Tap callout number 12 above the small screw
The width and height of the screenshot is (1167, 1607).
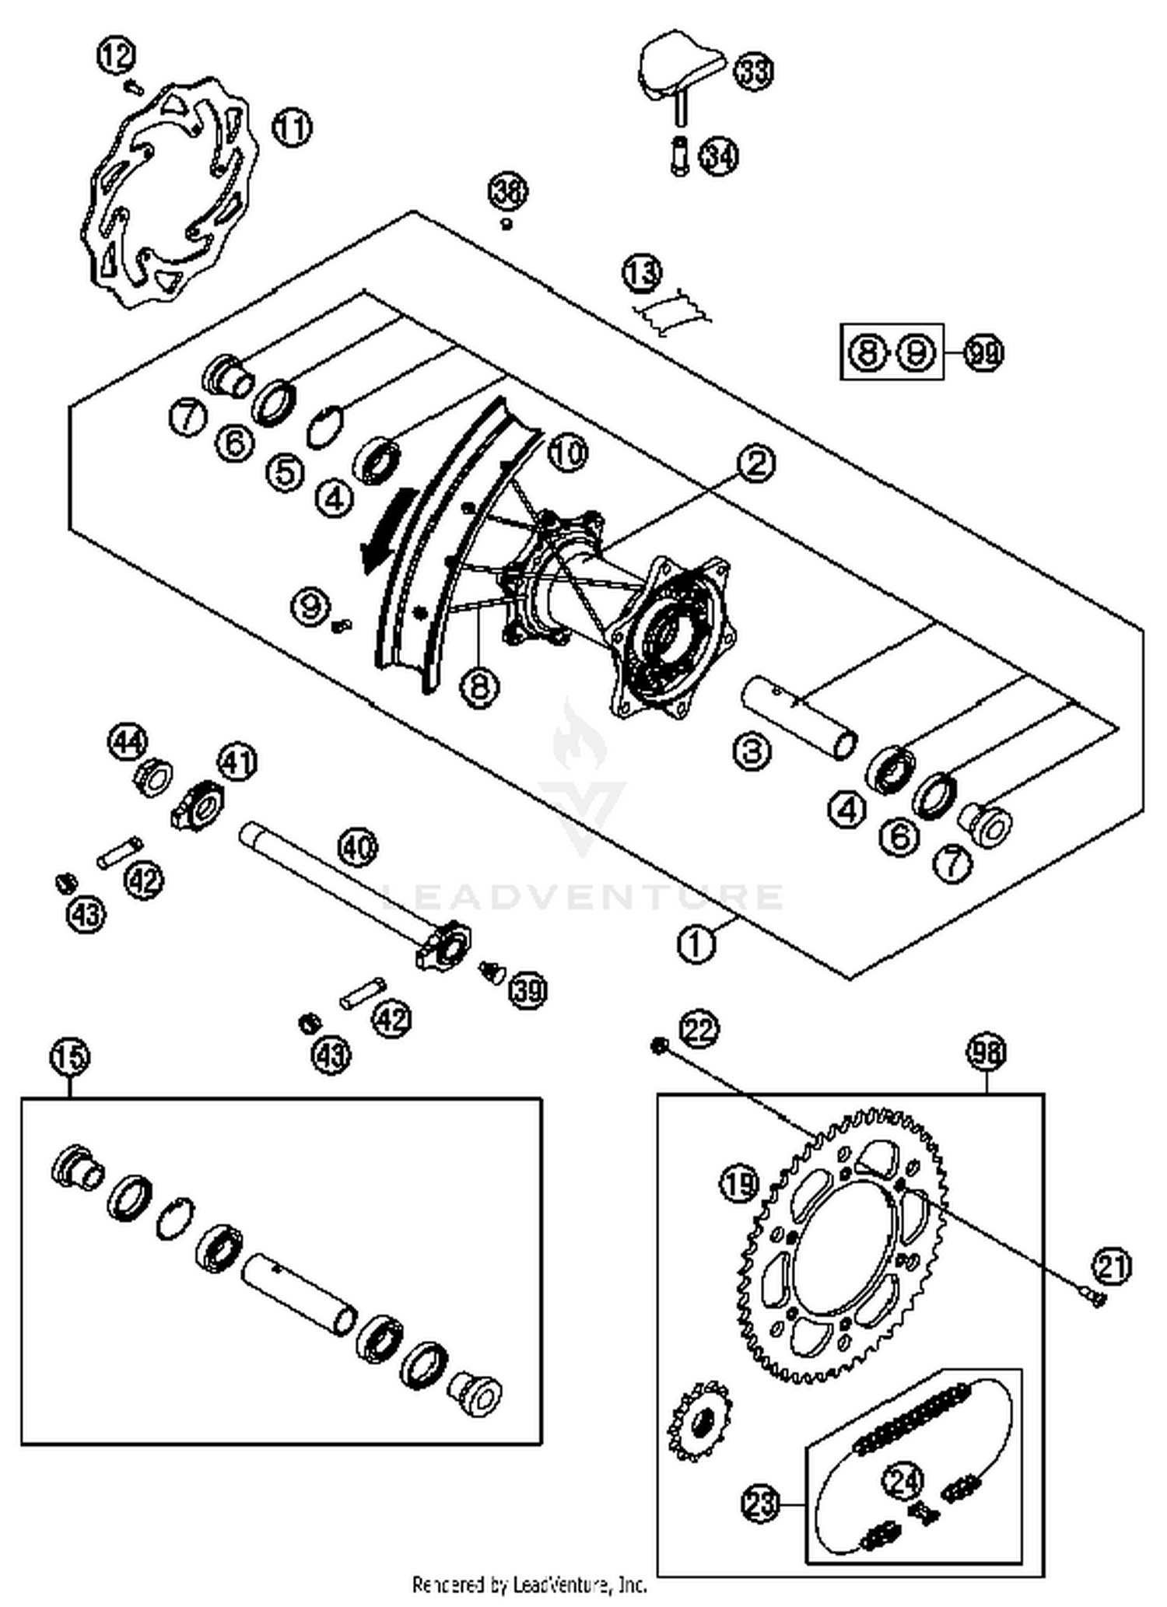[x=117, y=55]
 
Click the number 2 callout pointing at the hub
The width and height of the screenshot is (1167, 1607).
[x=755, y=464]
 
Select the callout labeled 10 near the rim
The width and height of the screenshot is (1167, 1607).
[x=568, y=453]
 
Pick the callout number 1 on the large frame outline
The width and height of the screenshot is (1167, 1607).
[x=696, y=944]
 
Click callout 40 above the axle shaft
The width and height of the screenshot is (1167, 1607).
[x=358, y=848]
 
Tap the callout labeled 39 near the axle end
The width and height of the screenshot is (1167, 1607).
[x=528, y=990]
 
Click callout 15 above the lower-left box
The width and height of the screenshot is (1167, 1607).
[x=70, y=1057]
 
